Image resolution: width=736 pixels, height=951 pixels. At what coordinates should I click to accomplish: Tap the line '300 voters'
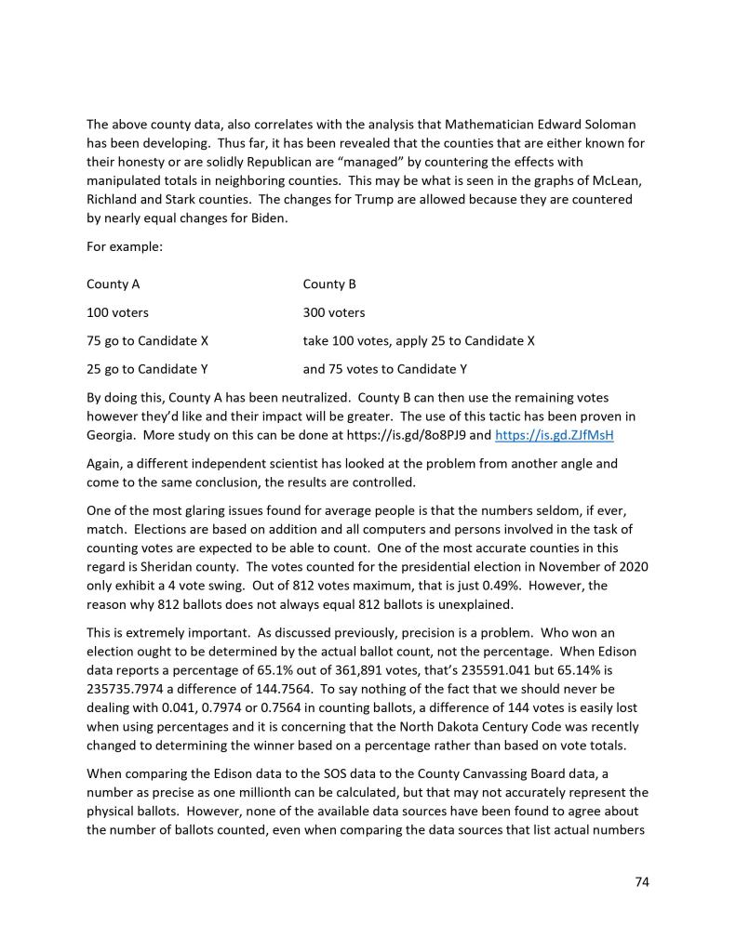(x=334, y=312)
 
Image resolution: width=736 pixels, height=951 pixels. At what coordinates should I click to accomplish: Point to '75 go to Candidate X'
(x=147, y=340)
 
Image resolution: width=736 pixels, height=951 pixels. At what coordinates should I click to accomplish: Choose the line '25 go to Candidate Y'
(x=147, y=368)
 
